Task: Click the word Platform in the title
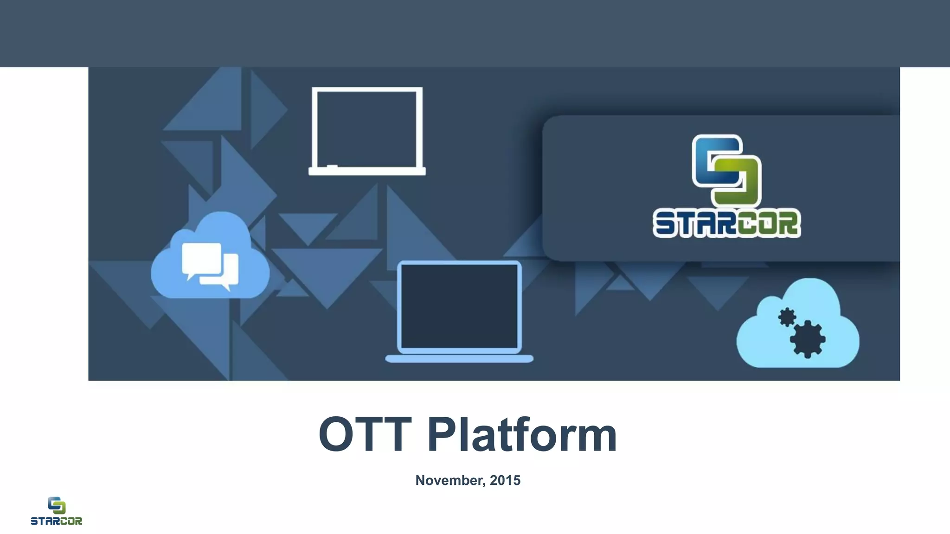coord(522,435)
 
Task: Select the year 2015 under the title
coord(505,480)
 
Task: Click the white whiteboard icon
coord(367,130)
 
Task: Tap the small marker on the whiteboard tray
coord(332,165)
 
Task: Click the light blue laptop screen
coord(459,306)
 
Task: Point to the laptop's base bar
coord(459,359)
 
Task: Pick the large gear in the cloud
coord(807,338)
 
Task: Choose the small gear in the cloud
coord(787,318)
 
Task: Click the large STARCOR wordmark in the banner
coord(726,224)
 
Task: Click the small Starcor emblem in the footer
coord(56,505)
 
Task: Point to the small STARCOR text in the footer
coord(56,521)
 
